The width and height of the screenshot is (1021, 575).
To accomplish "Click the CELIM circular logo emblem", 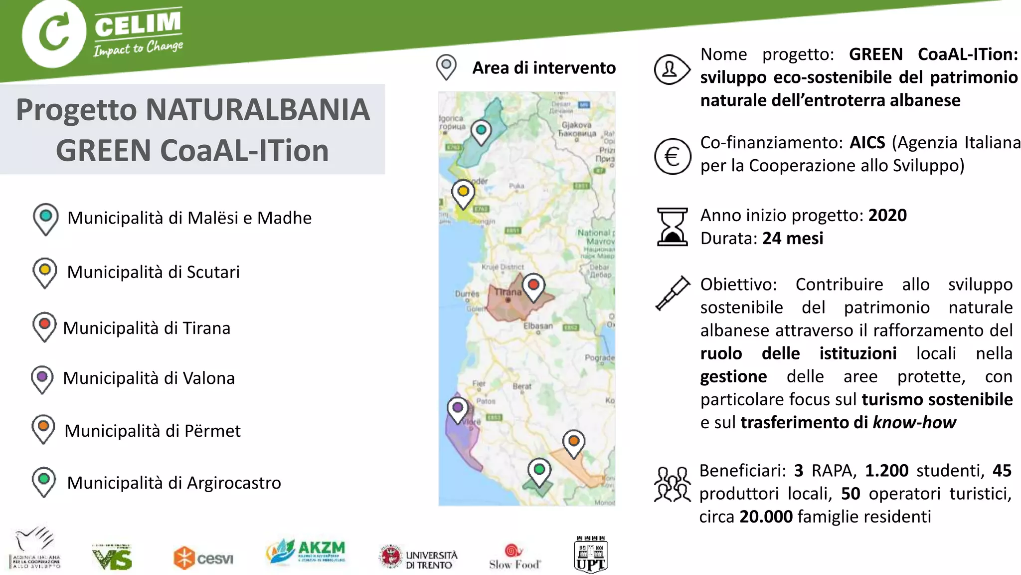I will (x=54, y=34).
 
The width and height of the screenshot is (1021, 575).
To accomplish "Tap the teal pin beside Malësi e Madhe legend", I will (x=46, y=219).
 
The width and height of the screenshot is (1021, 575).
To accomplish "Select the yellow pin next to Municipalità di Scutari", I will (x=45, y=272).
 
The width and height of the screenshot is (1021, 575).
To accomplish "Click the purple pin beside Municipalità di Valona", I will (x=42, y=379).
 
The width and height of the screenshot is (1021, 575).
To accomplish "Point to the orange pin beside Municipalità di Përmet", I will (x=43, y=429).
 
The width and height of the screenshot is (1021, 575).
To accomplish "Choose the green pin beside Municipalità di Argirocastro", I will (x=44, y=481).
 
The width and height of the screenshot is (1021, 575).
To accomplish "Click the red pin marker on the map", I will (x=533, y=287).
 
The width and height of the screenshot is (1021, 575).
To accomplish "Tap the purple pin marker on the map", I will (x=458, y=409).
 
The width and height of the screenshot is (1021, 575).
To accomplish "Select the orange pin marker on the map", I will (x=574, y=443).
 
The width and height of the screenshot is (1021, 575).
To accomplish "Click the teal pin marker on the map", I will (x=481, y=132).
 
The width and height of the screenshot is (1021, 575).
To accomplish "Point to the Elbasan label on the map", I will (x=538, y=326).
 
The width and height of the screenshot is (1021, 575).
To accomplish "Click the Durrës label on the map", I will (x=467, y=294).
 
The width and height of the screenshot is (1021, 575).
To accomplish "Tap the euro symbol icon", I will (x=673, y=156).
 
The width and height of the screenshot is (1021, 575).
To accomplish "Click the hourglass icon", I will (x=672, y=227).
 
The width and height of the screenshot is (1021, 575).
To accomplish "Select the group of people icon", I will (x=672, y=484).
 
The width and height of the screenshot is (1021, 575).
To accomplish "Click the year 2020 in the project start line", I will (x=887, y=215).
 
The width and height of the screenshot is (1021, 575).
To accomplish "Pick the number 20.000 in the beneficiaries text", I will (x=766, y=517).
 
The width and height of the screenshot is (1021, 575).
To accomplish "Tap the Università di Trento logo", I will (x=418, y=558).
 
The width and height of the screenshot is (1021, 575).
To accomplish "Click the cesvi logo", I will (x=203, y=558).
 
